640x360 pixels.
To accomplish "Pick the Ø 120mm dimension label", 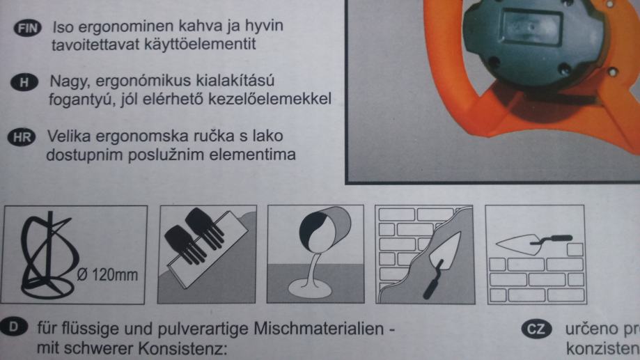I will click(x=106, y=276).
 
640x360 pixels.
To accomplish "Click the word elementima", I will click(x=249, y=153).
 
